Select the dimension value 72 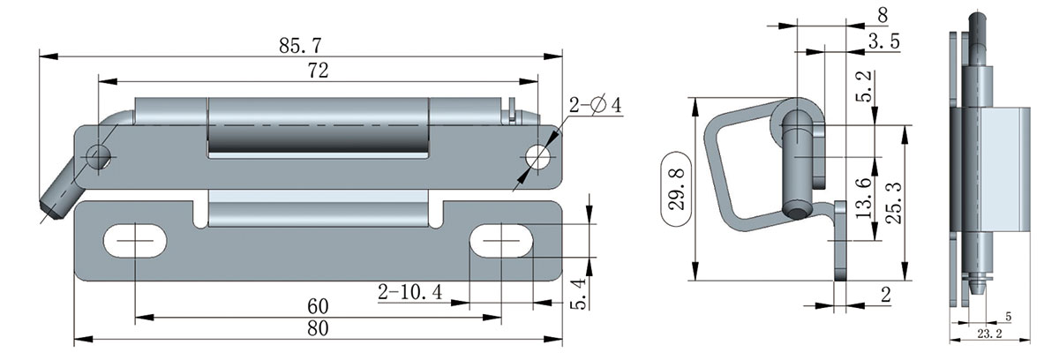pos(318,72)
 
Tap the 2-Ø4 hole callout pos(595,106)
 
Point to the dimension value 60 pos(318,306)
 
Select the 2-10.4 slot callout pos(409,291)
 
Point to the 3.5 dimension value pos(883,41)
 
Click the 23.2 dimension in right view pos(991,334)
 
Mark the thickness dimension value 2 pos(885,294)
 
